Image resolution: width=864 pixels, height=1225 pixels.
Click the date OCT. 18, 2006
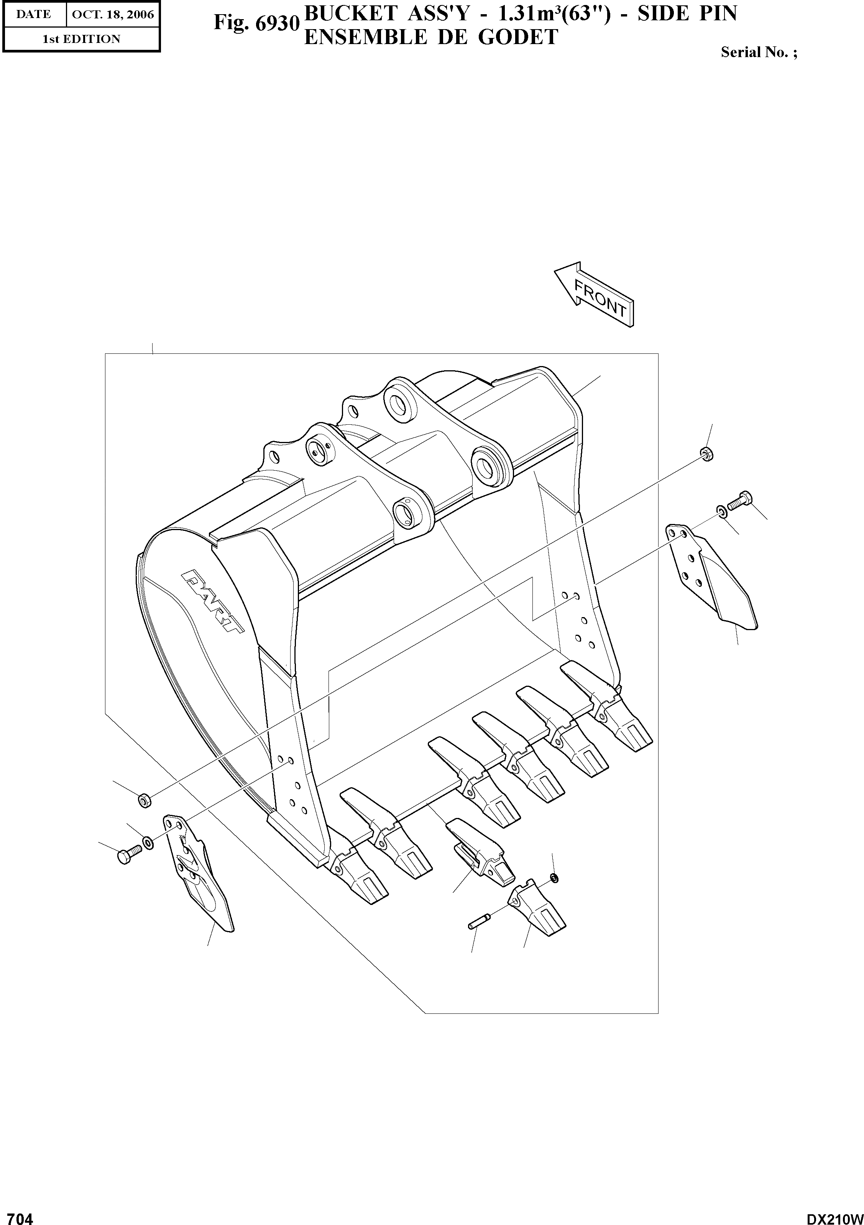tap(113, 15)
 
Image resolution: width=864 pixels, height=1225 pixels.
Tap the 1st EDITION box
tap(81, 39)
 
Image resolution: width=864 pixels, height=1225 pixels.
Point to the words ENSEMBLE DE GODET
tap(431, 37)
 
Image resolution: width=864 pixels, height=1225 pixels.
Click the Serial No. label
tap(758, 52)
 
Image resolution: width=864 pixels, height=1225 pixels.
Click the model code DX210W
tap(834, 1216)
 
